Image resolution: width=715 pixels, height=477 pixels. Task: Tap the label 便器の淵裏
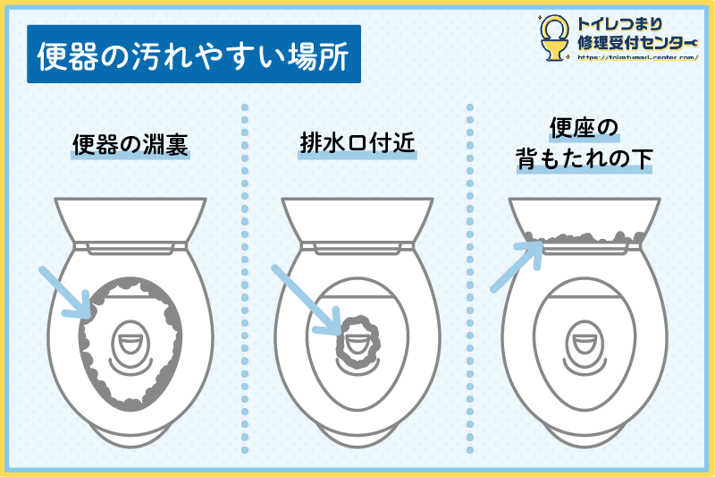point(130,144)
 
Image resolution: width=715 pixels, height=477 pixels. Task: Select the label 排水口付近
point(357,144)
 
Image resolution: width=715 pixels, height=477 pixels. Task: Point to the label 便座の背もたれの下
point(585,144)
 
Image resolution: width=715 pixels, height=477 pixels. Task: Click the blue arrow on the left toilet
point(67,292)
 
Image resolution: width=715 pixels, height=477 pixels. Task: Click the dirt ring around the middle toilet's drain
point(357,340)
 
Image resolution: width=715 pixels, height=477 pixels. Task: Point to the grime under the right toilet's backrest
point(585,239)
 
